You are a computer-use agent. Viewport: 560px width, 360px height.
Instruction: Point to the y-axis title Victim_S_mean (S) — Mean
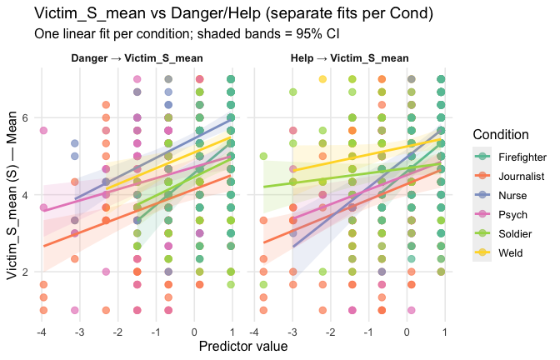(x=11, y=189)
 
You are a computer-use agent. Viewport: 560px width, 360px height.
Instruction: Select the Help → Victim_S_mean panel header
(x=349, y=58)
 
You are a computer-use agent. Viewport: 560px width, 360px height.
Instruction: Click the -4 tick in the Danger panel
(x=42, y=332)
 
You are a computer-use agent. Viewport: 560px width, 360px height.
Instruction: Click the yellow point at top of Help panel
(x=322, y=79)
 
